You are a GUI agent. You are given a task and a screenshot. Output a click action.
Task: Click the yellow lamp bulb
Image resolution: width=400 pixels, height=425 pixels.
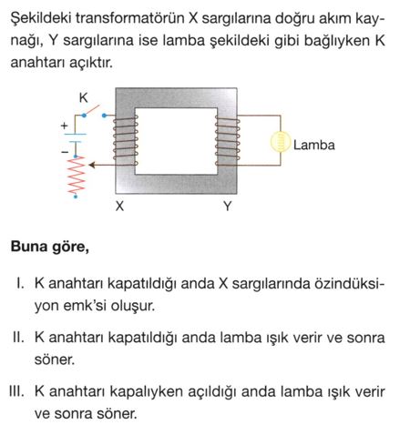280,141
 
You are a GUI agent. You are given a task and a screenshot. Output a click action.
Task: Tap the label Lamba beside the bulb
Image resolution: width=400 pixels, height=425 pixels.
314,145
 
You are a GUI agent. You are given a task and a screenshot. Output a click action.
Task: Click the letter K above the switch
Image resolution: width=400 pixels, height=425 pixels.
83,98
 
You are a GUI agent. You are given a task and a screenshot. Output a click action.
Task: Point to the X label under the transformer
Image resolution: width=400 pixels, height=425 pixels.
119,207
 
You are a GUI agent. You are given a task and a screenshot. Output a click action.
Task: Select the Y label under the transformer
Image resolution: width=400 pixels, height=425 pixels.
227,207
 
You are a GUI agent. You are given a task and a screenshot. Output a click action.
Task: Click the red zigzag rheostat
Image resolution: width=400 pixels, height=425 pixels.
76,175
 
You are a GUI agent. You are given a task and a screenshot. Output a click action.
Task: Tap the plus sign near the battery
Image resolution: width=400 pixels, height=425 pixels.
64,126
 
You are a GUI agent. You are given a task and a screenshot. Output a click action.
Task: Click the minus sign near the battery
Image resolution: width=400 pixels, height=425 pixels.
65,152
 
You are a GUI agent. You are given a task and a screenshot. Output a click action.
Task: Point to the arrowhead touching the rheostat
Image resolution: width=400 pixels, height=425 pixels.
92,166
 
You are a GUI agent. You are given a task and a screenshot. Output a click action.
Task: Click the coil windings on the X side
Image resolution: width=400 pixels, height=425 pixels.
126,141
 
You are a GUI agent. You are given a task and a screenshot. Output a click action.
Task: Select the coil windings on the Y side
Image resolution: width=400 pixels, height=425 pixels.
227,141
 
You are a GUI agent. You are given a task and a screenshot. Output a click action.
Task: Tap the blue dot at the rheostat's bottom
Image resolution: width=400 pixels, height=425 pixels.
76,197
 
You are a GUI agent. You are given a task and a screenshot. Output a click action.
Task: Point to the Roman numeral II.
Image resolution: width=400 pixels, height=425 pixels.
18,337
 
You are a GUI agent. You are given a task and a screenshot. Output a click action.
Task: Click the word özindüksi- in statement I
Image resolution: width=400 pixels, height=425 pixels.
349,284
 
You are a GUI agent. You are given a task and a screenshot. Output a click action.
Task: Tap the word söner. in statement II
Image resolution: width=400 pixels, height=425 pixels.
55,359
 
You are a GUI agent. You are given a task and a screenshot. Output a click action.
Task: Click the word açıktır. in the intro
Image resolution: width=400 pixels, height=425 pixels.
91,63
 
